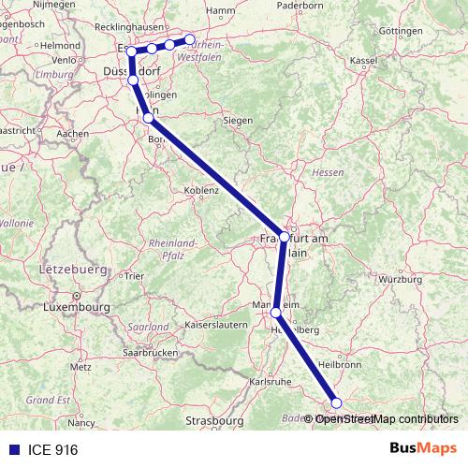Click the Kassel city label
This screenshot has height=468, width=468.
362,61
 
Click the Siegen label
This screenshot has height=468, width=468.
237,120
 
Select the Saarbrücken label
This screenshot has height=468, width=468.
150,354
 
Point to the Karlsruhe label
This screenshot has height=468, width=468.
271,382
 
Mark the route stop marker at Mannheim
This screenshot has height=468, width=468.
275,314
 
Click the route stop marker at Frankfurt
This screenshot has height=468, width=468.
284,237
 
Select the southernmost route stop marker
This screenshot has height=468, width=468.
337,403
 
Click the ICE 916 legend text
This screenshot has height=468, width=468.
52,450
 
